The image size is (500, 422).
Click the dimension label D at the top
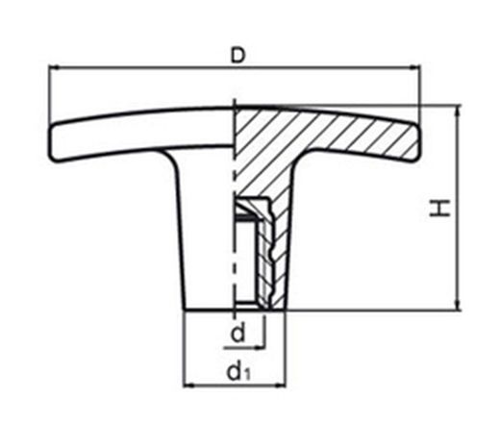tap(237, 55)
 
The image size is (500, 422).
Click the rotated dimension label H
tap(440, 209)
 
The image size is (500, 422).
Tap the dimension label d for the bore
tap(237, 333)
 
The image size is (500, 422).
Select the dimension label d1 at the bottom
tap(238, 372)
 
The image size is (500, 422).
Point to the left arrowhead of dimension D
tap(54, 67)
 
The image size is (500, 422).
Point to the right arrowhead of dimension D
tap(414, 67)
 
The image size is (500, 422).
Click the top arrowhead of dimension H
tap(459, 110)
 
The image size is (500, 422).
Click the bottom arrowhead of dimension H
tap(459, 306)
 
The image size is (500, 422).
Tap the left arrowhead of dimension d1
tap(187, 385)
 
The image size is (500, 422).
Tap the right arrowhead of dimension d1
tap(280, 385)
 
